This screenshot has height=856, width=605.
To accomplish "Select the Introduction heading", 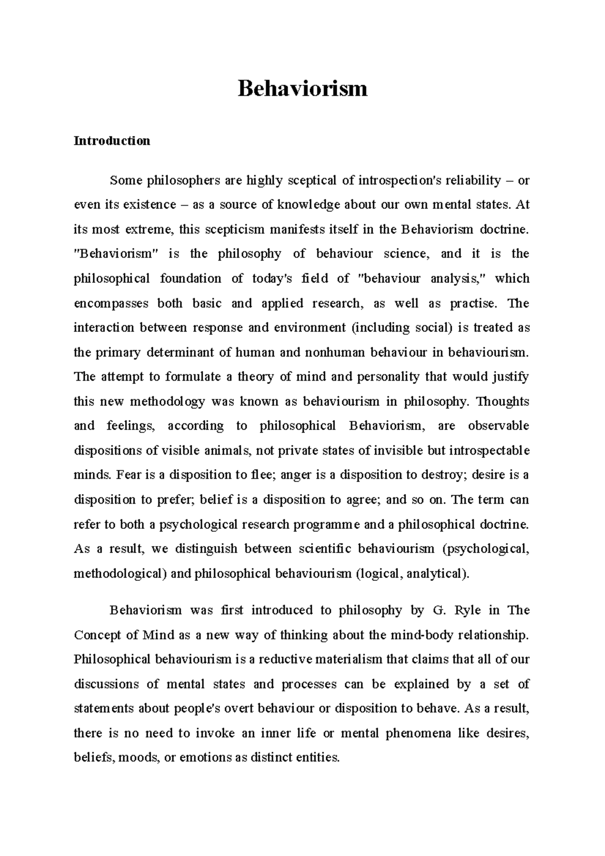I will tap(112, 141).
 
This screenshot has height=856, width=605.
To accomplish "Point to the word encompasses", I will tap(111, 303).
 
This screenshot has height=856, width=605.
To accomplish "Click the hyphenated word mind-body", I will tap(421, 635).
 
